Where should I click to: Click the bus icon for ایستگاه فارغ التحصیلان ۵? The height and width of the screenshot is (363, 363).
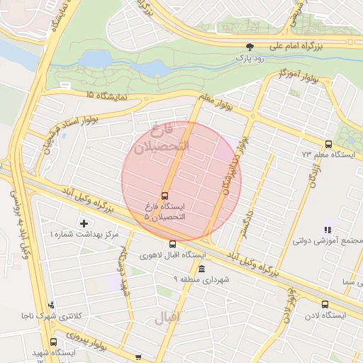pyautogui.click(x=165, y=195)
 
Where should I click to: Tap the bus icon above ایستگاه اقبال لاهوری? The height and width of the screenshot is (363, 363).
pyautogui.click(x=172, y=244)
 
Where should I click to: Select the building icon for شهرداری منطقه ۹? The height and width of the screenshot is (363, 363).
pyautogui.click(x=202, y=269)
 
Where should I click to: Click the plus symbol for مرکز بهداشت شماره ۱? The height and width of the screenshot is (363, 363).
pyautogui.click(x=84, y=224)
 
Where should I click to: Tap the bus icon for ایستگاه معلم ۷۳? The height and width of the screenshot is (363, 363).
pyautogui.click(x=327, y=144)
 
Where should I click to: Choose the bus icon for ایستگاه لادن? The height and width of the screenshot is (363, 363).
pyautogui.click(x=325, y=304)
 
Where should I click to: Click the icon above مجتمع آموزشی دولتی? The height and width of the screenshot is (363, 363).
pyautogui.click(x=327, y=230)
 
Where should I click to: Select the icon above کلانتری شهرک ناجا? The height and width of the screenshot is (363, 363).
pyautogui.click(x=60, y=306)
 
